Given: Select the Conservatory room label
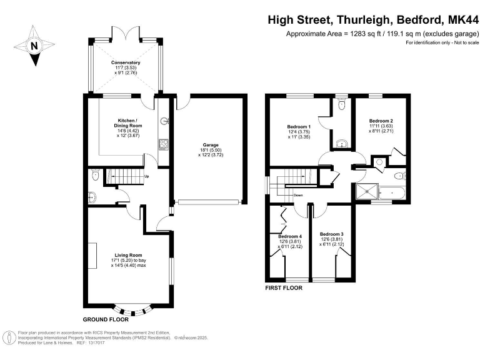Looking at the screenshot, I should point(126,63).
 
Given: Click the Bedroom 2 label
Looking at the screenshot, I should point(381,121).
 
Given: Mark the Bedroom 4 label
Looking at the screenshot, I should point(289,236).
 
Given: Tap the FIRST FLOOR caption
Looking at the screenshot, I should point(284,288).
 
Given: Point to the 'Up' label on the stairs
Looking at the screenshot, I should point(147,176).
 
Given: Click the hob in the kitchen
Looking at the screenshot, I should point(163,145).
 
